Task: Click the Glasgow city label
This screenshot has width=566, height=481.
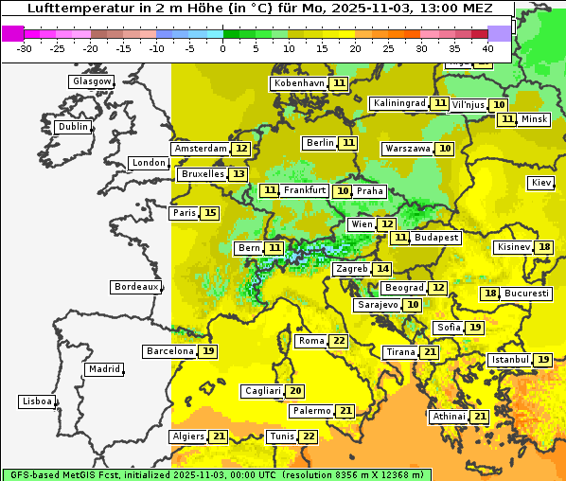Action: [92, 81]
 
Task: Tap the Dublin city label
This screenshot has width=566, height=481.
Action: [72, 127]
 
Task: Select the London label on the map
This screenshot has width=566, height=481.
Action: [149, 163]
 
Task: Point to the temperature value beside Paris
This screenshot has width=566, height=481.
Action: [209, 213]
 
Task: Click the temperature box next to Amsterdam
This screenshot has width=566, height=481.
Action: [241, 149]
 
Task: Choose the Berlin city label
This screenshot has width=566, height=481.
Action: [320, 143]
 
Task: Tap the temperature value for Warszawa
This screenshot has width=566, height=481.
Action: [445, 149]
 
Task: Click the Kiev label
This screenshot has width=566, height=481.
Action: [541, 182]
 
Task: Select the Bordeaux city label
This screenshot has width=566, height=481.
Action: [135, 286]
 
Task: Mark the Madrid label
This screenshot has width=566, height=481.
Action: [103, 368]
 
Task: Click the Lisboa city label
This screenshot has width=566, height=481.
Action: [37, 401]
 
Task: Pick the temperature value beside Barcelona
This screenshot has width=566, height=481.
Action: [208, 351]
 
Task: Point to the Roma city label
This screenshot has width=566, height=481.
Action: [310, 341]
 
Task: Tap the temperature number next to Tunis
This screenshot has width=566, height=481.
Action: [309, 436]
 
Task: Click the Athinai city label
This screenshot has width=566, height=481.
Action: [449, 417]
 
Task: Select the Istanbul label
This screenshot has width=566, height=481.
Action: [509, 360]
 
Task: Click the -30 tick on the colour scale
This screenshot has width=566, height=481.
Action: [26, 47]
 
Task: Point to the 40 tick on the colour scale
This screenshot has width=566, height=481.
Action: [487, 47]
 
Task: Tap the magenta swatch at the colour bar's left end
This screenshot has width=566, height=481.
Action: [12, 32]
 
